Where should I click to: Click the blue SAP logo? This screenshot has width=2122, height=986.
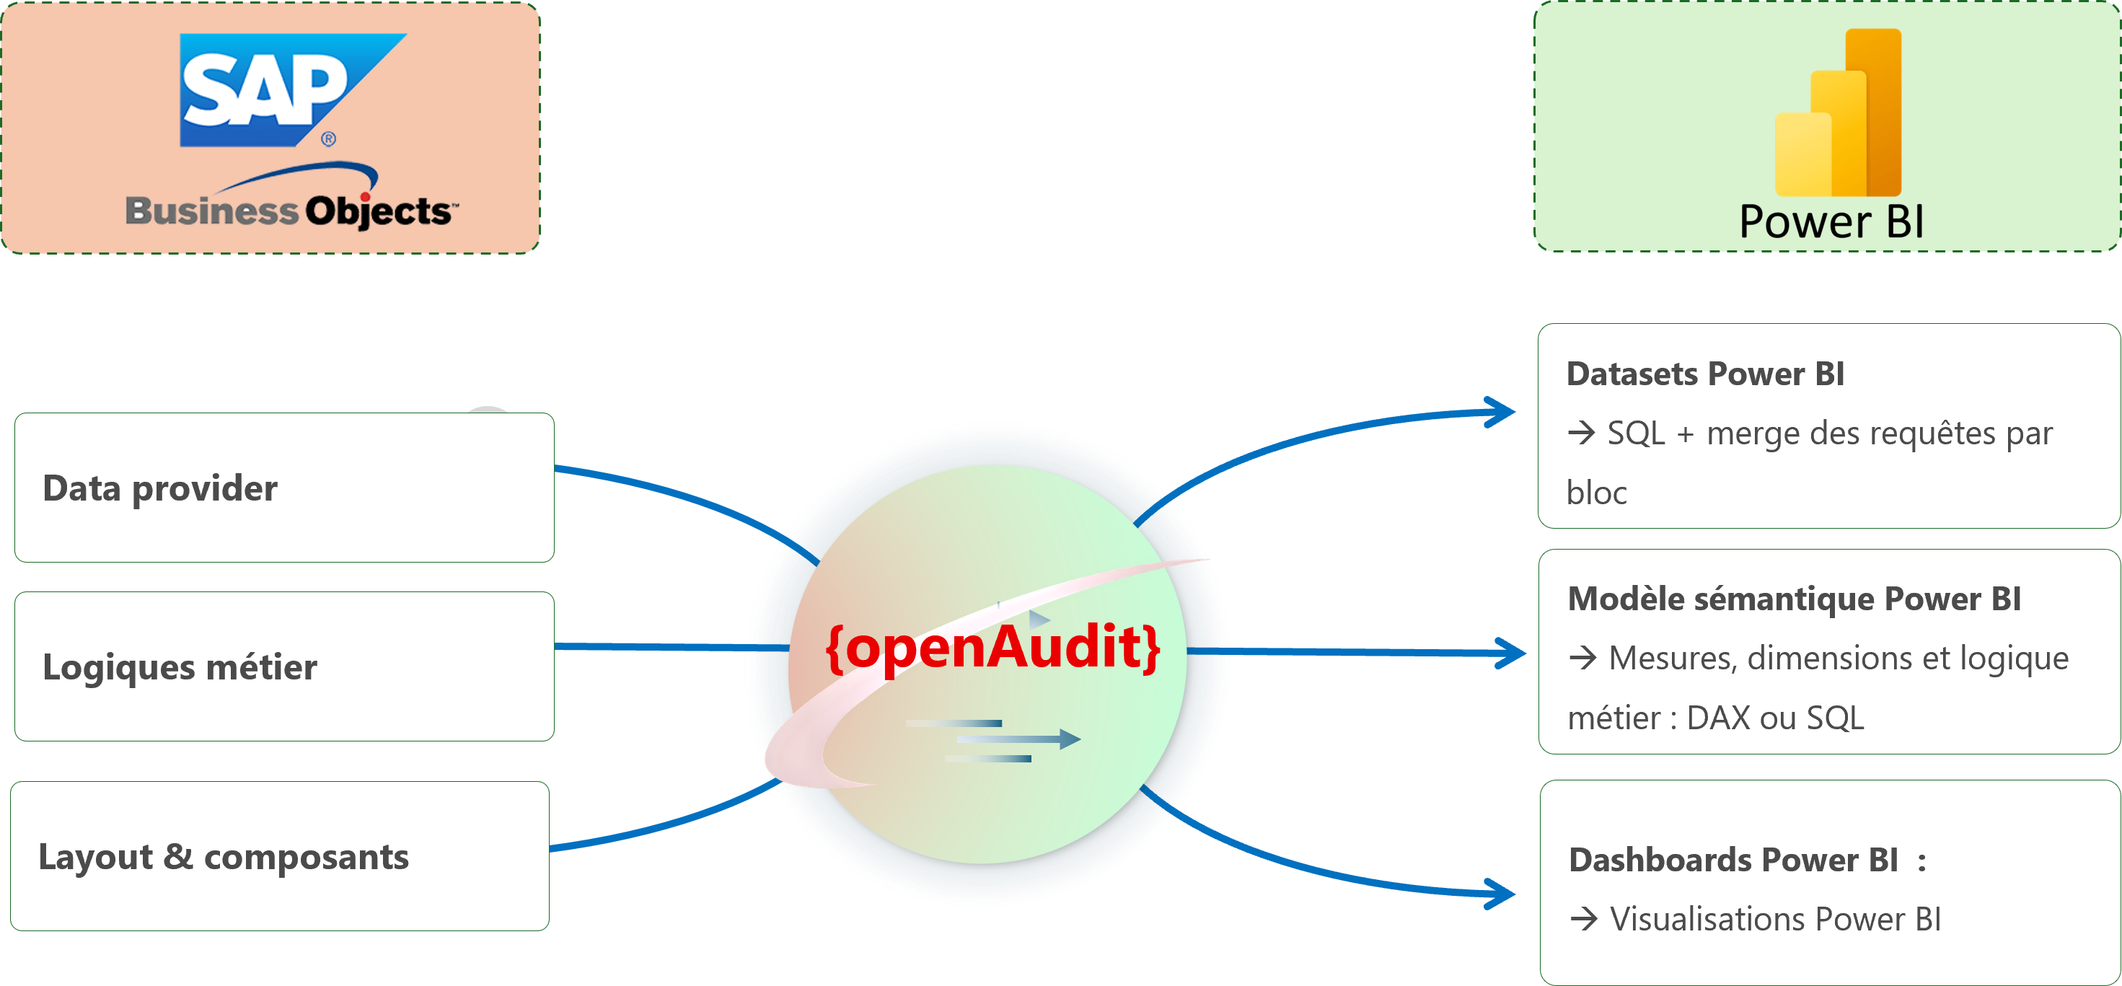292,89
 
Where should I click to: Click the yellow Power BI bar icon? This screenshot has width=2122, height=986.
1838,113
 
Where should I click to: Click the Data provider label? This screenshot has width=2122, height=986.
160,488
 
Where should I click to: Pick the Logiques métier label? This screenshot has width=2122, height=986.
180,667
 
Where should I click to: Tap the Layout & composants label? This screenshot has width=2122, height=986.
224,857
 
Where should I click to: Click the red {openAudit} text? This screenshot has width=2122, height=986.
992,648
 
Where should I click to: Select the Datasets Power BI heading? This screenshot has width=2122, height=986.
1705,374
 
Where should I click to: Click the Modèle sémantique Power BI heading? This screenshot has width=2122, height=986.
1794,599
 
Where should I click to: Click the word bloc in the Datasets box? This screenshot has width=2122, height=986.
1596,493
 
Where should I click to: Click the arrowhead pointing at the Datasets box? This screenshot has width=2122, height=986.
1500,412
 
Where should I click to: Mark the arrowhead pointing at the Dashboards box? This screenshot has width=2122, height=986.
1500,894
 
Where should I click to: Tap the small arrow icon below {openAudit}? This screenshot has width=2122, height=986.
993,740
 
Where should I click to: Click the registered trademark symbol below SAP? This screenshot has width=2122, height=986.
329,139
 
